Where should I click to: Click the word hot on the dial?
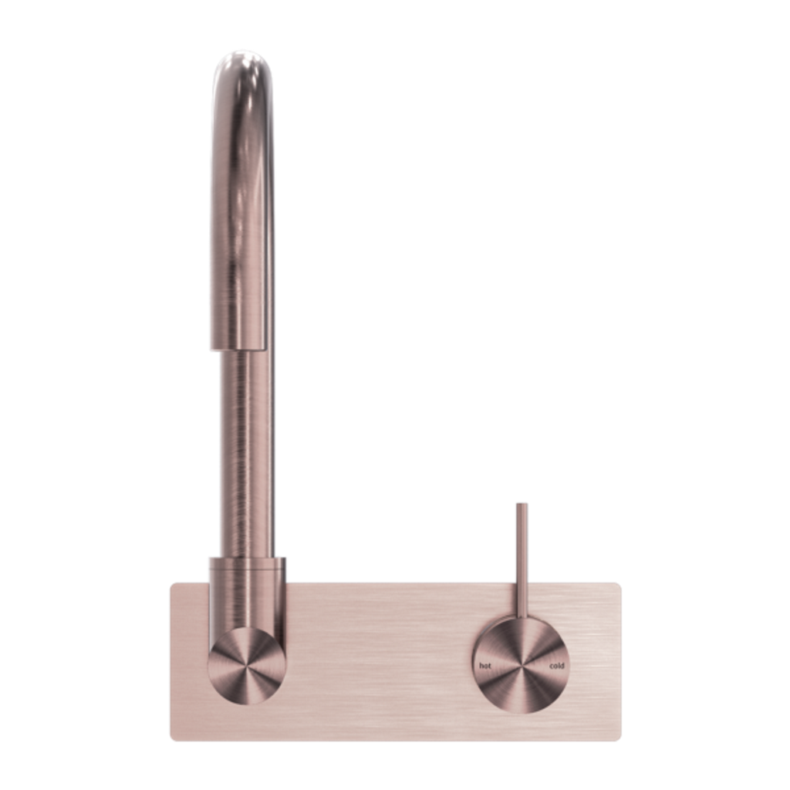[x=485, y=666]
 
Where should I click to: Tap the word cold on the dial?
[x=557, y=666]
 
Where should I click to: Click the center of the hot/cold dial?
[x=522, y=666]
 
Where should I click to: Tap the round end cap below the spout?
[x=247, y=666]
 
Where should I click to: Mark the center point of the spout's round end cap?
[x=247, y=666]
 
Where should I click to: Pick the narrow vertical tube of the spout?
[x=248, y=454]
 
